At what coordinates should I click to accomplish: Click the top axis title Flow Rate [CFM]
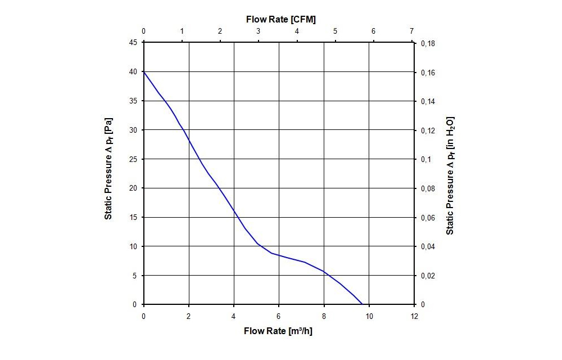280,19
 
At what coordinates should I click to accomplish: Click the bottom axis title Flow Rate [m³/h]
278,331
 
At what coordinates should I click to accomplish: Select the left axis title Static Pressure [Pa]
108,169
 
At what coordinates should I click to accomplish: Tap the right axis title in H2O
450,175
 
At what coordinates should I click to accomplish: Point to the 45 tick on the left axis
134,43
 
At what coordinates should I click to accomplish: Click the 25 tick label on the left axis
134,159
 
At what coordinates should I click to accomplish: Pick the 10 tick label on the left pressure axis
134,246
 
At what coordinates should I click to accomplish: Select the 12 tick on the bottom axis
414,315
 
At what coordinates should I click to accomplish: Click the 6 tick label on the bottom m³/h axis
279,315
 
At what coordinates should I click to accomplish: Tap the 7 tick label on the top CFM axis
412,31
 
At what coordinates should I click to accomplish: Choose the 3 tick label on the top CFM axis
259,31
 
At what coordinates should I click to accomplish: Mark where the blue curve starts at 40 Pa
144,72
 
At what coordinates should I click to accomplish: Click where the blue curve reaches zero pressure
362,304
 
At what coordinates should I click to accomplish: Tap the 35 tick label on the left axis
134,101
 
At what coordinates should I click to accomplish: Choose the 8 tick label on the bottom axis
324,315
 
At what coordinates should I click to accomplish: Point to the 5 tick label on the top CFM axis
335,31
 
